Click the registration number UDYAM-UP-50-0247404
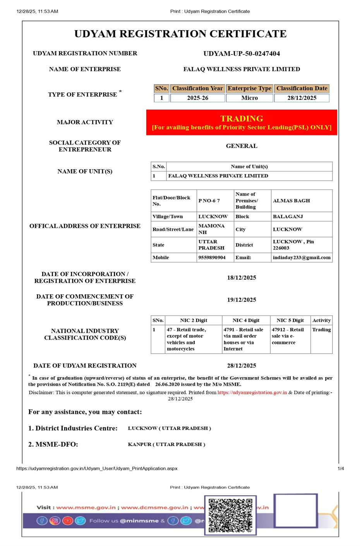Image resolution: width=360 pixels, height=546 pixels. (x=242, y=53)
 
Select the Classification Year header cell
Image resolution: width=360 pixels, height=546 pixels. (x=197, y=88)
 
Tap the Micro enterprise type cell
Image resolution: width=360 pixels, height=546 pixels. (x=249, y=98)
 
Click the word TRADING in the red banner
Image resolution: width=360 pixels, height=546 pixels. (x=242, y=118)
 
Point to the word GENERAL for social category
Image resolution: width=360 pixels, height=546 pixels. (x=242, y=146)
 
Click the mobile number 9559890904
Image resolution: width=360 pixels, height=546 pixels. (x=212, y=258)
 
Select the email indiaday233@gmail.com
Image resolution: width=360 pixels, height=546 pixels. (x=302, y=258)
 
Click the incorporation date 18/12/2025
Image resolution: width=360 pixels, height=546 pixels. (x=242, y=278)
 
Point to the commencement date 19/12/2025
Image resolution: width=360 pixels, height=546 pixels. (x=242, y=300)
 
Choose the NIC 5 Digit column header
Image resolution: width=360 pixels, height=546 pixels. (x=290, y=320)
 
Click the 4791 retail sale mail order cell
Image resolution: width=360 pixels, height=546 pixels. (x=245, y=339)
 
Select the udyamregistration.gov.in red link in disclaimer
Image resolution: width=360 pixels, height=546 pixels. (x=252, y=392)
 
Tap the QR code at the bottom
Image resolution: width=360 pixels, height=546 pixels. (x=230, y=515)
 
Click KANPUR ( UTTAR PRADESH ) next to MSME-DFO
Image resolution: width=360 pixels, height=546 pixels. (x=166, y=444)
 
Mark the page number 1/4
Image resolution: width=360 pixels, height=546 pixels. (x=341, y=469)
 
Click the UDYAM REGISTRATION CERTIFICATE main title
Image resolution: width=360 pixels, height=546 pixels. (x=180, y=34)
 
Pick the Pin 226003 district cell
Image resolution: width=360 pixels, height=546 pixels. (x=301, y=245)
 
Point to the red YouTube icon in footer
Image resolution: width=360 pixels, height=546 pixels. (x=68, y=521)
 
